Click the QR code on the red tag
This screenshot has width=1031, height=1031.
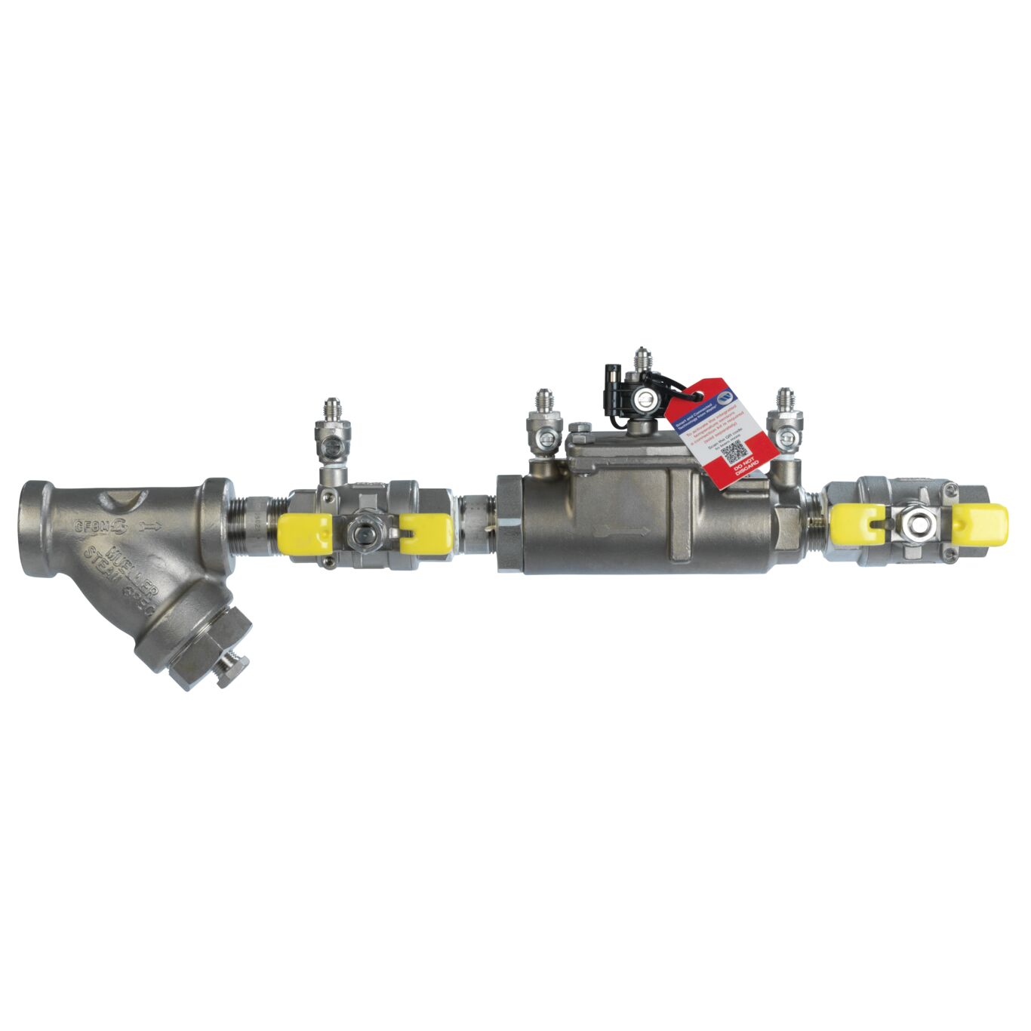(x=735, y=453)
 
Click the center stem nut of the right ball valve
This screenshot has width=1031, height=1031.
(x=917, y=522)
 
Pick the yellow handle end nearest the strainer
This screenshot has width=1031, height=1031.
(x=304, y=533)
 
